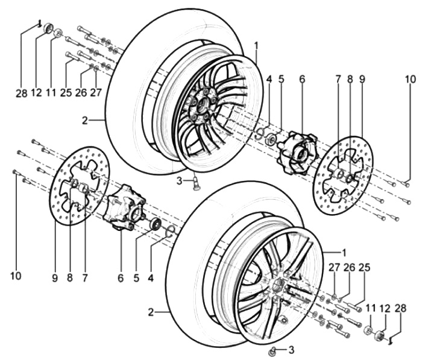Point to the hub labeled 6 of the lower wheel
[x=125, y=206]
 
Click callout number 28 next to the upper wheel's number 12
[x=21, y=93]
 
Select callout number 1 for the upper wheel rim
[x=256, y=45]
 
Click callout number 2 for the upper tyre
[x=86, y=120]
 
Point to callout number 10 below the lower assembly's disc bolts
[x=16, y=276]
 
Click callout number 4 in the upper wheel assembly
[x=269, y=78]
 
